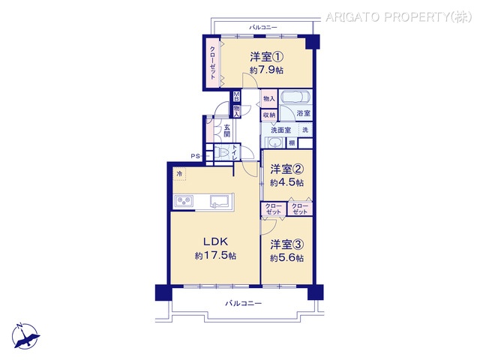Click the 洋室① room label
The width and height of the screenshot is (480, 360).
(x=266, y=55)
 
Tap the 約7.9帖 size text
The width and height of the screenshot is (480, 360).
(x=266, y=70)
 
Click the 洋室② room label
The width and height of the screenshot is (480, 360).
(x=287, y=168)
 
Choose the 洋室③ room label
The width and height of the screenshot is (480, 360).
(x=287, y=244)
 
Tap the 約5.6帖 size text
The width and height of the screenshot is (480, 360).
(x=287, y=258)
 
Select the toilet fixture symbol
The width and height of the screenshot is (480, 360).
(x=223, y=153)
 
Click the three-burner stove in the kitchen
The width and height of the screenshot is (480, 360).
(x=184, y=200)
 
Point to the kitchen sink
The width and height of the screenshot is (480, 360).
(x=221, y=200)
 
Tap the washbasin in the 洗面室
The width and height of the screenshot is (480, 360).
(x=274, y=142)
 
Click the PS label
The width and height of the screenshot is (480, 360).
(x=194, y=156)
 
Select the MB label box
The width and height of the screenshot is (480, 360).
(x=236, y=95)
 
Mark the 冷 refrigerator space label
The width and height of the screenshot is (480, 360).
(x=179, y=175)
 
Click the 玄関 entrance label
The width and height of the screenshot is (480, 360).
(x=226, y=131)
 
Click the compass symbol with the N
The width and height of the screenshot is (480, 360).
(x=27, y=333)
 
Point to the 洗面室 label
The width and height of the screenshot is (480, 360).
(x=280, y=128)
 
